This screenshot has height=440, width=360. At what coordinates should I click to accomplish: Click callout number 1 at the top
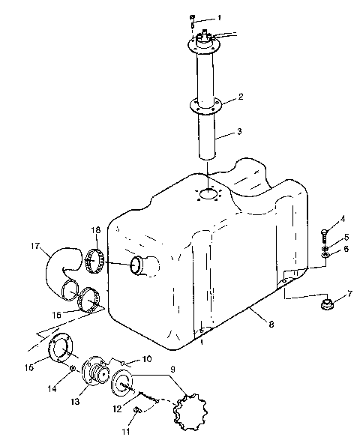click(x=219, y=16)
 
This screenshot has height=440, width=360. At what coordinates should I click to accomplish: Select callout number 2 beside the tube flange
click(x=240, y=96)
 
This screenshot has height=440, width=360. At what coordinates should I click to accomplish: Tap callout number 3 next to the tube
click(x=239, y=132)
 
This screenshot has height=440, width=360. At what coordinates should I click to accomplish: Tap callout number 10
click(x=147, y=361)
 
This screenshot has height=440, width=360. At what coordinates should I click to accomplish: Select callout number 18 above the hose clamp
click(x=96, y=231)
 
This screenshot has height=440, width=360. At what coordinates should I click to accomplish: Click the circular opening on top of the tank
click(x=208, y=196)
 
